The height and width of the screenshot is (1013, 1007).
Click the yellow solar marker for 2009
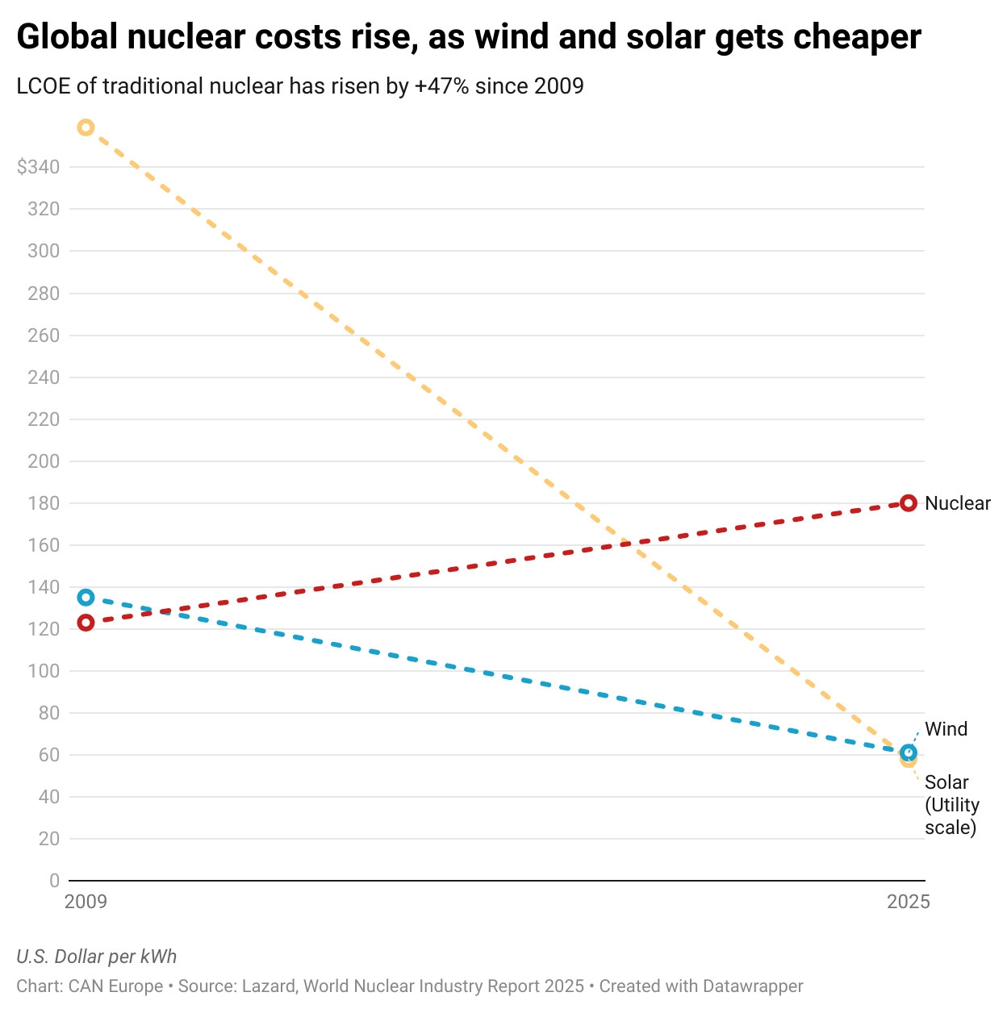[x=86, y=127]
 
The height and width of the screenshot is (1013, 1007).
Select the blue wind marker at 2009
[x=86, y=598]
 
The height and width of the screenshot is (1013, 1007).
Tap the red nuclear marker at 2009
[x=86, y=623]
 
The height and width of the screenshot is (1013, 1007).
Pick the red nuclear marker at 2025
[x=909, y=503]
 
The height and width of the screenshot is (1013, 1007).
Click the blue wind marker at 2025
[x=909, y=752]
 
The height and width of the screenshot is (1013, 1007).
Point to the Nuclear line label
[x=957, y=503]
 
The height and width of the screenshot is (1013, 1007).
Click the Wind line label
[x=946, y=729]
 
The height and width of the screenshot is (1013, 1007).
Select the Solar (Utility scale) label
[x=951, y=805]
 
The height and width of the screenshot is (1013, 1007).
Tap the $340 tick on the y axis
[x=38, y=167]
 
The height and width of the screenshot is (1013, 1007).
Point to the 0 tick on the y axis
[x=54, y=881]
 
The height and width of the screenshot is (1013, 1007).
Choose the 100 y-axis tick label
[x=44, y=671]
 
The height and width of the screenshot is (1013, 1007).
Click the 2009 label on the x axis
[x=86, y=902]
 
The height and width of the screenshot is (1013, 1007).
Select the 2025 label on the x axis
[x=908, y=902]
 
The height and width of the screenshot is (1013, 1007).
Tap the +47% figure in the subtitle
[x=441, y=86]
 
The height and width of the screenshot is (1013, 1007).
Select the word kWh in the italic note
[x=158, y=957]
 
